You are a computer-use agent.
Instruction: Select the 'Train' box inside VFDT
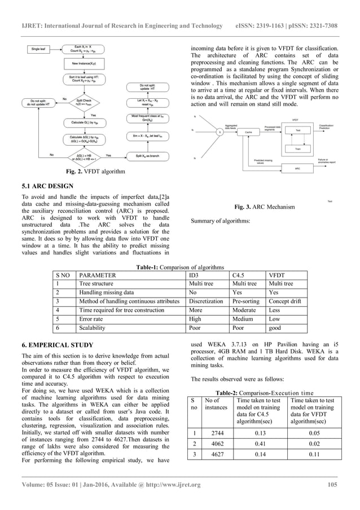(297, 149)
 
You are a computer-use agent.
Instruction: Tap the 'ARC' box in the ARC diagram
(297, 168)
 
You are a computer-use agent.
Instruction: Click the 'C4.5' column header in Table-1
(239, 275)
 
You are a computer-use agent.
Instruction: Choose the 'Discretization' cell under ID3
(206, 301)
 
